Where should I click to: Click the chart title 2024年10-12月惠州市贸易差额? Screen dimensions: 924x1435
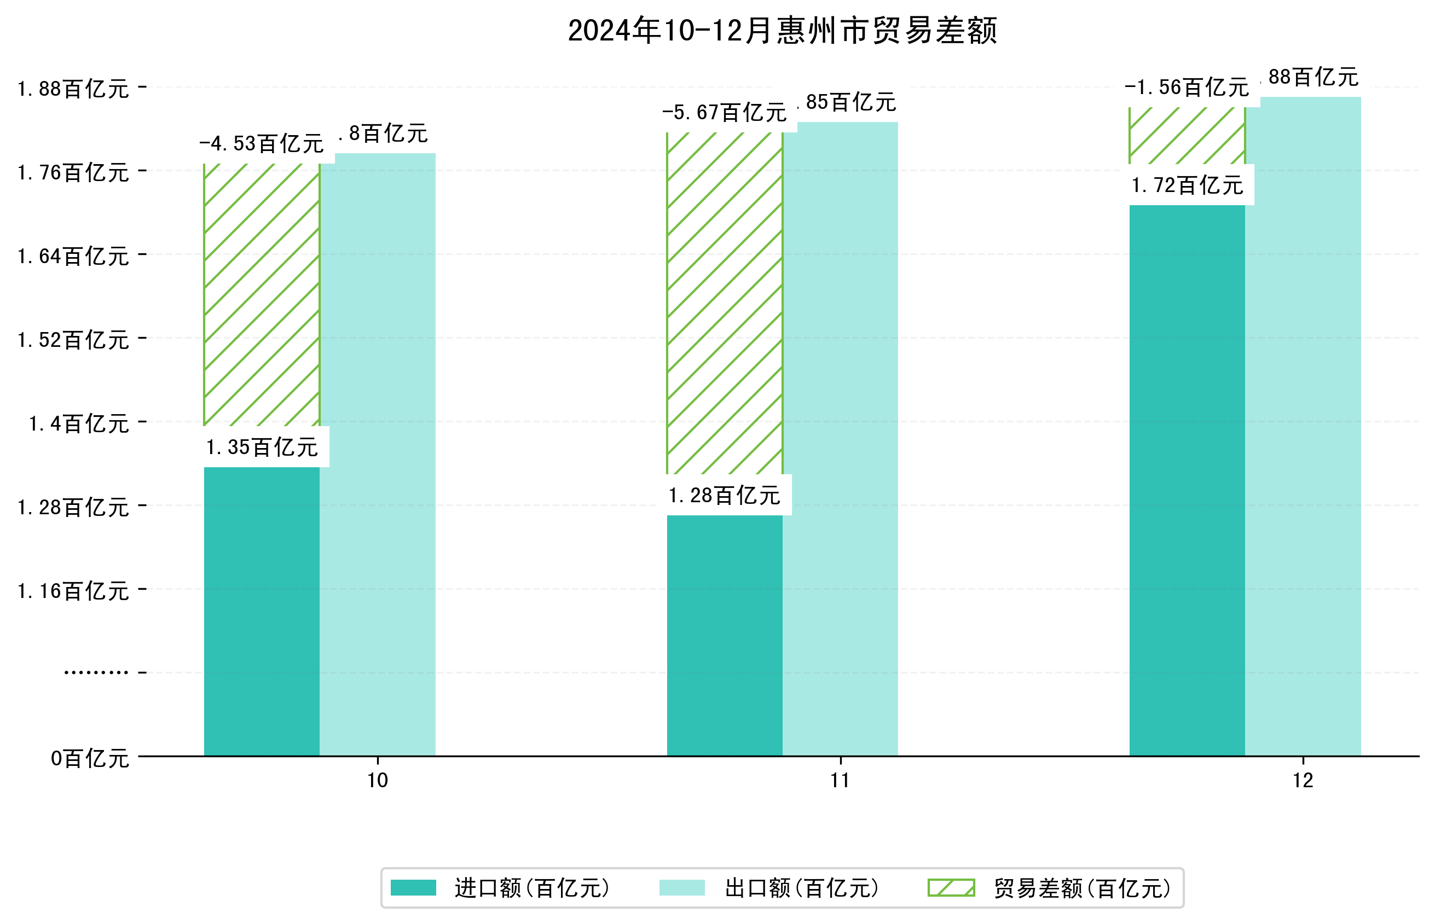click(782, 31)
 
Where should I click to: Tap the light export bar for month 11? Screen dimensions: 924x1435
click(840, 438)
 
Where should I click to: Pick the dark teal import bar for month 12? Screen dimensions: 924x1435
click(1187, 480)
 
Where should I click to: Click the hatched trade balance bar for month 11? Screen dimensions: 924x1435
click(725, 303)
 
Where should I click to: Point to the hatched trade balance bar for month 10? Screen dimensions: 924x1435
click(262, 294)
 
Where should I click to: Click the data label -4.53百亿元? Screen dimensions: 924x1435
click(262, 144)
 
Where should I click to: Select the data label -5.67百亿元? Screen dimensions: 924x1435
click(725, 113)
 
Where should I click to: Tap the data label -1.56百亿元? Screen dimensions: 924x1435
click(1187, 88)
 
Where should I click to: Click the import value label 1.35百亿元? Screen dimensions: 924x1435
click(262, 448)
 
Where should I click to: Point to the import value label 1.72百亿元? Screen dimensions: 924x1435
click(1187, 185)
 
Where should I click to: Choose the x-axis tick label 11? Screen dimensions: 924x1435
click(840, 781)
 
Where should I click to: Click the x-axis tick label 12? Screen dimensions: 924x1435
click(1303, 781)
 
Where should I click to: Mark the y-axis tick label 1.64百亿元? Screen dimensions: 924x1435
click(73, 257)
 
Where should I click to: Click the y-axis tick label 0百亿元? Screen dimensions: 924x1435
click(89, 759)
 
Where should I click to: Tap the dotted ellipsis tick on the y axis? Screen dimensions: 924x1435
click(96, 672)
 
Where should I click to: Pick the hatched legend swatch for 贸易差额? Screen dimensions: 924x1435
click(951, 888)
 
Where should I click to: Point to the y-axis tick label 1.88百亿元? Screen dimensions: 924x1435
click(73, 89)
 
